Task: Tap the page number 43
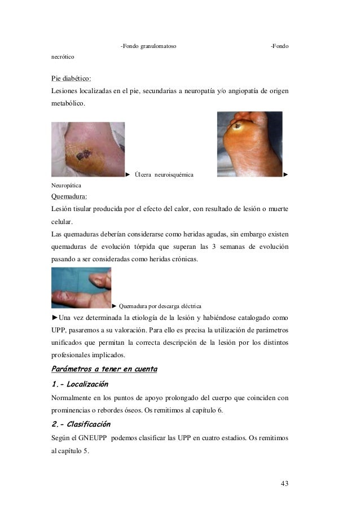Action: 284,484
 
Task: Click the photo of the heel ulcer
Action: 87,150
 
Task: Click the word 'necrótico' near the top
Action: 63,57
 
